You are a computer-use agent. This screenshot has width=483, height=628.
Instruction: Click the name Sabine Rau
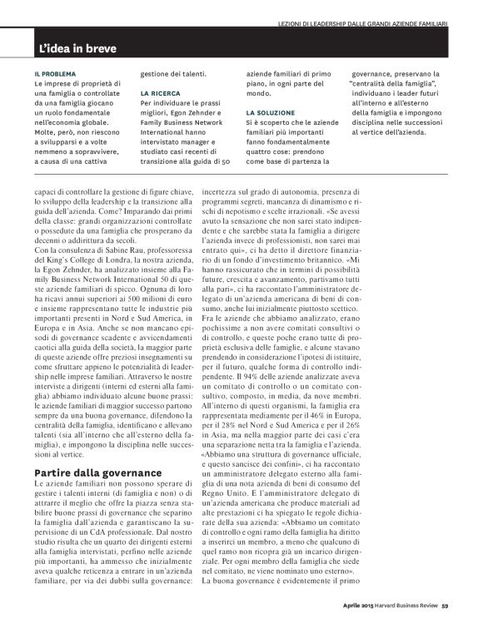tap(149, 251)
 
